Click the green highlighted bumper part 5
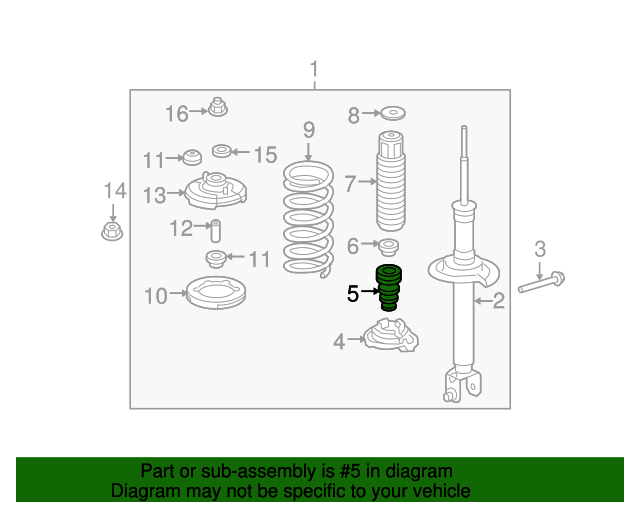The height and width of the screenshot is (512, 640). [x=389, y=287]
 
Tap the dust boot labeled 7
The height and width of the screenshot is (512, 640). [x=391, y=181]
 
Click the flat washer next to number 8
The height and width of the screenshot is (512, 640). [x=393, y=113]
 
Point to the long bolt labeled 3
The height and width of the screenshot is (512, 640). [x=542, y=283]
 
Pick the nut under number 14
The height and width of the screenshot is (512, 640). [x=112, y=231]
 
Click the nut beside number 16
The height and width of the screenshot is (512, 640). [x=218, y=107]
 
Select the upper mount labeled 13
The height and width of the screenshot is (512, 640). [x=216, y=191]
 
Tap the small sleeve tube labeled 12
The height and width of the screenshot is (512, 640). [x=216, y=231]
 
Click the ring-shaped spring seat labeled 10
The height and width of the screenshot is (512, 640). [x=216, y=303]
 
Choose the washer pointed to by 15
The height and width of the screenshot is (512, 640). [x=222, y=151]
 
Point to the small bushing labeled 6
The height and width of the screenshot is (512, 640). [x=389, y=247]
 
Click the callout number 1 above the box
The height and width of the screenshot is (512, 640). [x=314, y=69]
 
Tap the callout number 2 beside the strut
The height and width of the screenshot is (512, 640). [x=498, y=301]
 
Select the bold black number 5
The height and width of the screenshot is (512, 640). [x=353, y=294]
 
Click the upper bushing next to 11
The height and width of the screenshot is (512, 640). [x=192, y=158]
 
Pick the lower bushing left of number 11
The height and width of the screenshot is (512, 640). [x=216, y=259]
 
